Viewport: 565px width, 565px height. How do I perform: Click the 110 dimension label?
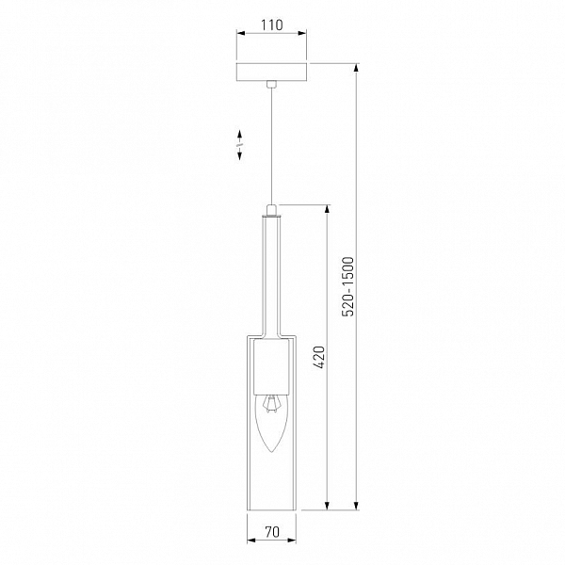[272, 24]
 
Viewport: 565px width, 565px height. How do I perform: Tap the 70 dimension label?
[272, 531]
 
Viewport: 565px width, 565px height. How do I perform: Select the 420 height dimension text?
[319, 358]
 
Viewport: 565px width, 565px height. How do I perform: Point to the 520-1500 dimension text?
[348, 286]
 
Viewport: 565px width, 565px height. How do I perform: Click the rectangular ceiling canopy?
[272, 73]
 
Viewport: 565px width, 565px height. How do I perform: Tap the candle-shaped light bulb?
[272, 424]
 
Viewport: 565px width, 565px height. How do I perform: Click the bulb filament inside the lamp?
[271, 404]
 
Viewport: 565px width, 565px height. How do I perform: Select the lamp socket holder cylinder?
[272, 366]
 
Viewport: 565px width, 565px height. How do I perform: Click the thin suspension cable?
[271, 146]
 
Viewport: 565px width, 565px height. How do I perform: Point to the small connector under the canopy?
[272, 85]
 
